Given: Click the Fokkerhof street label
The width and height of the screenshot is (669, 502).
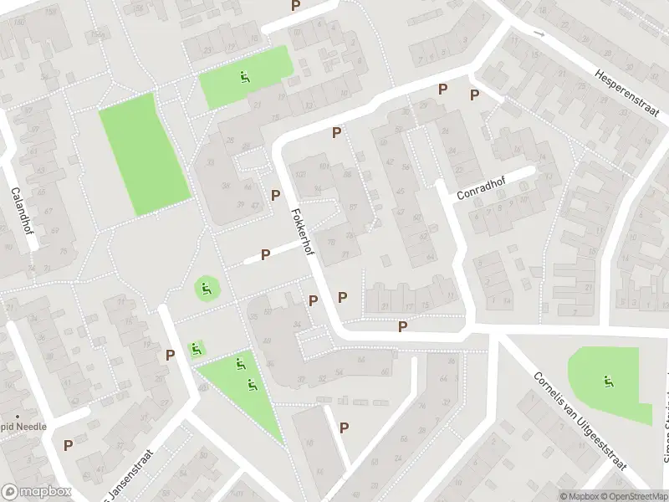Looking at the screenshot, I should tap(302, 233).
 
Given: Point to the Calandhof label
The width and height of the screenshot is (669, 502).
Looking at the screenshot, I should tap(19, 210).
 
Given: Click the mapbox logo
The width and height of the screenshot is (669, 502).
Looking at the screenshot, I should tap(34, 492).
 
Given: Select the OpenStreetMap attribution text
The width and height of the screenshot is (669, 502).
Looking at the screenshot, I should tap(636, 496).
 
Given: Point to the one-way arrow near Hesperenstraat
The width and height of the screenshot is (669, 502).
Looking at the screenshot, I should tap(539, 35).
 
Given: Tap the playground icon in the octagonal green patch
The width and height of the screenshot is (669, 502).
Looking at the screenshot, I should tap(206, 290).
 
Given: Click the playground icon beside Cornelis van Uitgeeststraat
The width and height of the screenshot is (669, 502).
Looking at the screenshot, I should tap(607, 382).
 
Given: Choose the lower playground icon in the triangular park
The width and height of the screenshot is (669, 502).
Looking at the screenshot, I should tap(251, 385).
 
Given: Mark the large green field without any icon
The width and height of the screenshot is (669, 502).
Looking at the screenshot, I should tap(144, 156).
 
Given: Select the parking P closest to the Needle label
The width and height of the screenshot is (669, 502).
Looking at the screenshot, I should tap(69, 445).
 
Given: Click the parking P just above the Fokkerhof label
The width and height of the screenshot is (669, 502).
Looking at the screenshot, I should tap(275, 195).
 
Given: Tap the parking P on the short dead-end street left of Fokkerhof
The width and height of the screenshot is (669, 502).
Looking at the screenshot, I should tap(266, 254).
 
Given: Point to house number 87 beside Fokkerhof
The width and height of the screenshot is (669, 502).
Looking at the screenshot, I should tap(354, 207).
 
